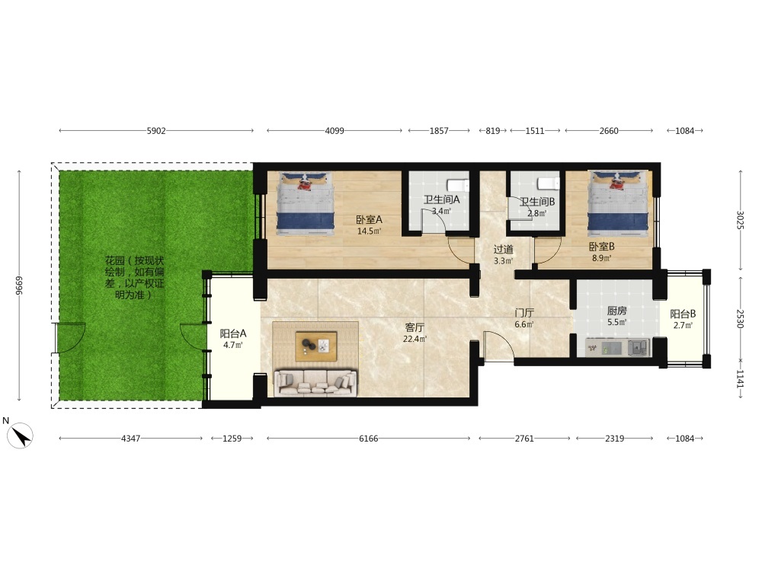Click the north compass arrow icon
[x=20, y=435]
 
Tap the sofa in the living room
[x=316, y=383]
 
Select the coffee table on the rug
[x=316, y=346]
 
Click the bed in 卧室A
[x=306, y=203]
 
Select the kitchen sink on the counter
[x=639, y=347]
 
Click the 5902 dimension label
[x=156, y=131]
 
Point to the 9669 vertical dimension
[x=19, y=285]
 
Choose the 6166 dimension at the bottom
[x=368, y=439]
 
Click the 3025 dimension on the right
[x=740, y=220]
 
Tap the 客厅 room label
[x=415, y=327]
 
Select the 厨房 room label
[x=616, y=311]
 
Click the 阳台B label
[x=683, y=314]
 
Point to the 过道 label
[x=504, y=250]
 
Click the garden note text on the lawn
[x=135, y=278]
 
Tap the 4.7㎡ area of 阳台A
[x=232, y=345]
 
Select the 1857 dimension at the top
[x=439, y=131]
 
